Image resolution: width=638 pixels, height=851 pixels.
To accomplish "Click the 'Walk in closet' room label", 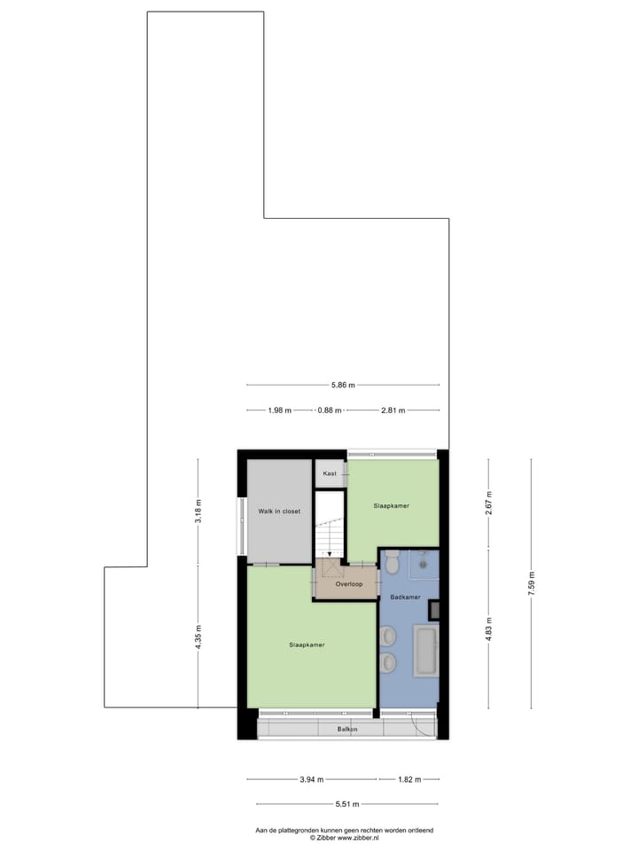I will [x=279, y=511].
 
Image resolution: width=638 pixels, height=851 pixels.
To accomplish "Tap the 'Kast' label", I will [x=330, y=474].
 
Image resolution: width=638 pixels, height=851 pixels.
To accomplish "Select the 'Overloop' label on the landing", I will [x=348, y=584].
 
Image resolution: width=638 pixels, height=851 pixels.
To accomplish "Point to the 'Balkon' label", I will [x=347, y=730].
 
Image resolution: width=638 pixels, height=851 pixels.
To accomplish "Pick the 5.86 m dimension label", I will [x=343, y=385].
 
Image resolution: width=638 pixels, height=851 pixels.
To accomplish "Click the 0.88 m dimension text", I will [x=331, y=410].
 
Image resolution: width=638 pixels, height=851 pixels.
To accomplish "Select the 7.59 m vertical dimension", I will [x=532, y=584].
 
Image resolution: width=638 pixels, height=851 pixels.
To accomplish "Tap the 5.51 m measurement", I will [x=346, y=804].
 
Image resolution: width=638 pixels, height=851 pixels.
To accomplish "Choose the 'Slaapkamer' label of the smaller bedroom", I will [x=392, y=505].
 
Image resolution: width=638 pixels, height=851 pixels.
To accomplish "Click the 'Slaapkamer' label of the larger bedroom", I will [x=307, y=644].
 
